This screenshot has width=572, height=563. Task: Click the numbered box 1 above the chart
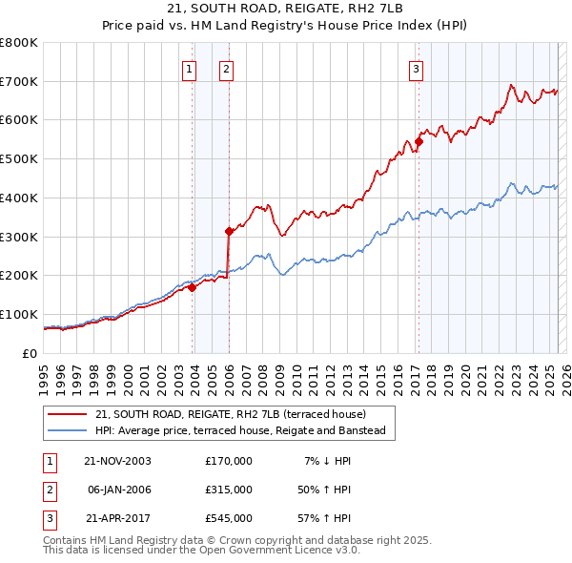(x=189, y=69)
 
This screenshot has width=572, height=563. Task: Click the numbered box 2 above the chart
(x=226, y=69)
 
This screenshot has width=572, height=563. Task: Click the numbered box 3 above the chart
(x=417, y=69)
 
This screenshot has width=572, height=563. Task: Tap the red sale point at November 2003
(x=192, y=286)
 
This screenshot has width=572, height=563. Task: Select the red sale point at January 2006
(x=229, y=230)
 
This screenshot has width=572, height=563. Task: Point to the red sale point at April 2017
(x=419, y=141)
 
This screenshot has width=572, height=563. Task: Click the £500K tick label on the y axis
(x=19, y=158)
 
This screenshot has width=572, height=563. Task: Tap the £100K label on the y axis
(x=19, y=314)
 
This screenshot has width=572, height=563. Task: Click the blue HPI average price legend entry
(x=239, y=430)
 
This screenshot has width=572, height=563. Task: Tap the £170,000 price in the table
(x=229, y=461)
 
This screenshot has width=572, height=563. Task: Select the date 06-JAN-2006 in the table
(x=118, y=489)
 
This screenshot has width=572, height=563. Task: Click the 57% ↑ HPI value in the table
(x=322, y=517)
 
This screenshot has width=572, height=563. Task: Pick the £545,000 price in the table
(x=229, y=517)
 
